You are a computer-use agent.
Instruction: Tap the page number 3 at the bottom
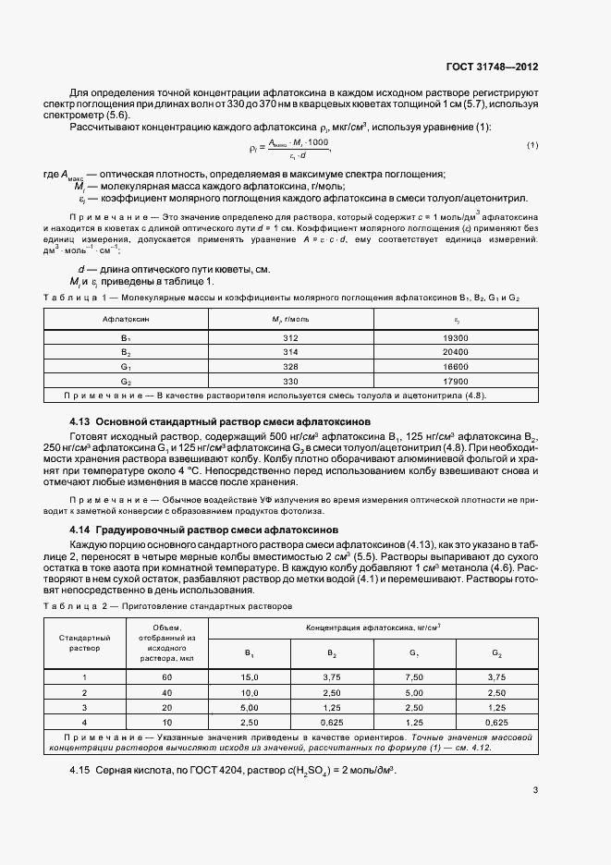tap(534, 789)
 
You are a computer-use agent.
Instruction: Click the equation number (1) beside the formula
tap(532, 146)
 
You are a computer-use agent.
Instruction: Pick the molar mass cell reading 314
tap(290, 353)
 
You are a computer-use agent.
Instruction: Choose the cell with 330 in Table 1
tap(290, 382)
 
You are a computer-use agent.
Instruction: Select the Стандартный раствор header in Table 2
tap(85, 642)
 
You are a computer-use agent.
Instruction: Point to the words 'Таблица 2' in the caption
tap(71, 606)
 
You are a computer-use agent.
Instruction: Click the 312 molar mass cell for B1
tap(290, 338)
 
